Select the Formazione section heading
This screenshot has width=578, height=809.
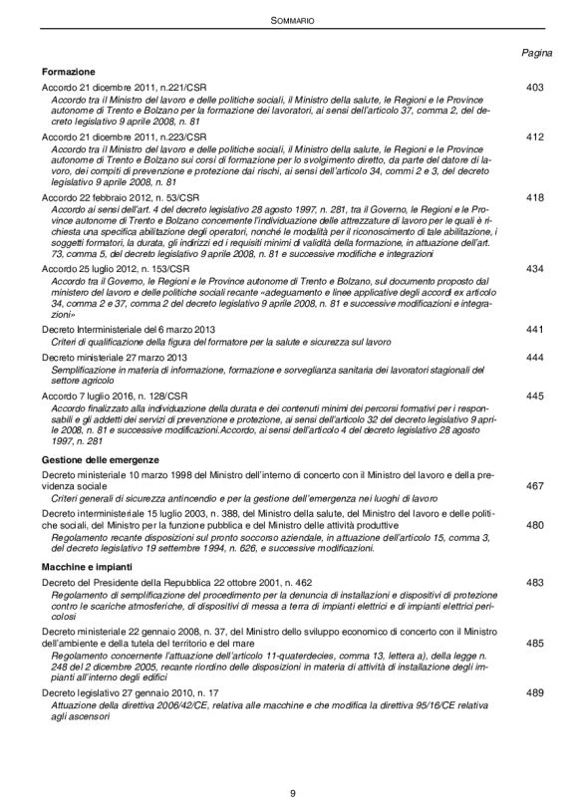pyautogui.click(x=69, y=73)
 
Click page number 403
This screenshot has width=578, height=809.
pyautogui.click(x=534, y=88)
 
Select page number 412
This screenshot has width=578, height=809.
pyautogui.click(x=534, y=135)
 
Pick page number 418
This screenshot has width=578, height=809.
pyautogui.click(x=534, y=198)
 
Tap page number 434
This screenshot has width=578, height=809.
pyautogui.click(x=534, y=269)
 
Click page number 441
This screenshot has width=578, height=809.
pyautogui.click(x=534, y=329)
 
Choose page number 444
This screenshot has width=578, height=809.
pyautogui.click(x=534, y=357)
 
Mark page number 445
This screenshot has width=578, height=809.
pyautogui.click(x=534, y=396)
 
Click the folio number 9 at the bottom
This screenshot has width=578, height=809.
pyautogui.click(x=291, y=792)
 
